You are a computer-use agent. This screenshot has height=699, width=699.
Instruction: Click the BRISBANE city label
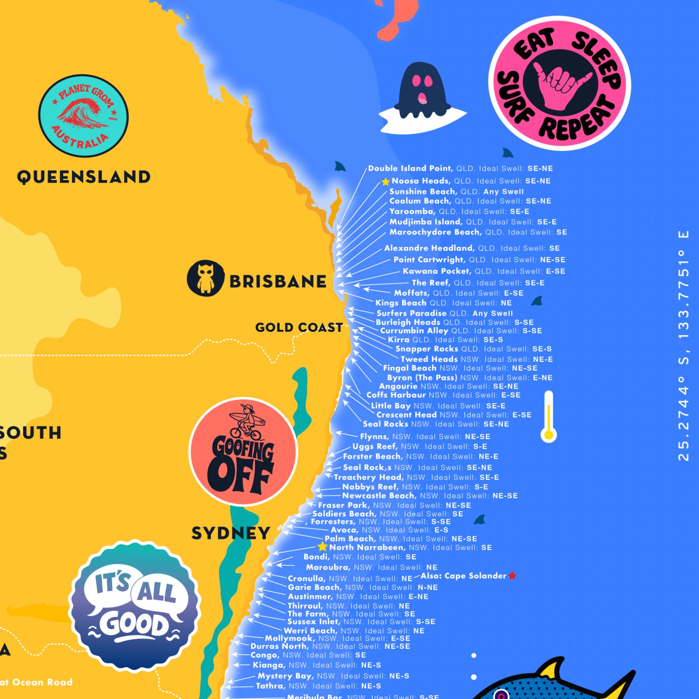pyautogui.click(x=278, y=282)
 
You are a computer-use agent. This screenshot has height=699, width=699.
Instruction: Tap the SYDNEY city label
pyautogui.click(x=231, y=533)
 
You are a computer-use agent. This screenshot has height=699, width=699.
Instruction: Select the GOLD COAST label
pyautogui.click(x=299, y=328)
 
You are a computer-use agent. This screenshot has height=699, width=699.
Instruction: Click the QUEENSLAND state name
pyautogui.click(x=84, y=177)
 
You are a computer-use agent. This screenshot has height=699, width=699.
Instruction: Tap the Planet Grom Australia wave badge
pyautogui.click(x=83, y=116)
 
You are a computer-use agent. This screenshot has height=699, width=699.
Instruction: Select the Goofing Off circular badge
pyautogui.click(x=243, y=452)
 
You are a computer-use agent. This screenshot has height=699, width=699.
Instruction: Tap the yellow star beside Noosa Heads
pyautogui.click(x=385, y=181)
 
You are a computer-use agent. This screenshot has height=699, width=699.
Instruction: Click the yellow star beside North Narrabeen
pyautogui.click(x=323, y=547)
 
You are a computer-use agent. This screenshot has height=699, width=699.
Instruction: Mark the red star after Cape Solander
pyautogui.click(x=512, y=575)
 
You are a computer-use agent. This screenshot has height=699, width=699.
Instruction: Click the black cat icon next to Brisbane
pyautogui.click(x=205, y=278)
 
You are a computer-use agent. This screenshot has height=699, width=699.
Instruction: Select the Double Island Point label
pyautogui.click(x=410, y=169)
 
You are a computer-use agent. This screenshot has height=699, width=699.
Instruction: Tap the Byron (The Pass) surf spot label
pyautogui.click(x=422, y=378)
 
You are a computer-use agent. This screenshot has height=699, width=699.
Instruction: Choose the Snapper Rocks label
pyautogui.click(x=427, y=349)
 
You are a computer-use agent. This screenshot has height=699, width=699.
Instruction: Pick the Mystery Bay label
pyautogui.click(x=285, y=676)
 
